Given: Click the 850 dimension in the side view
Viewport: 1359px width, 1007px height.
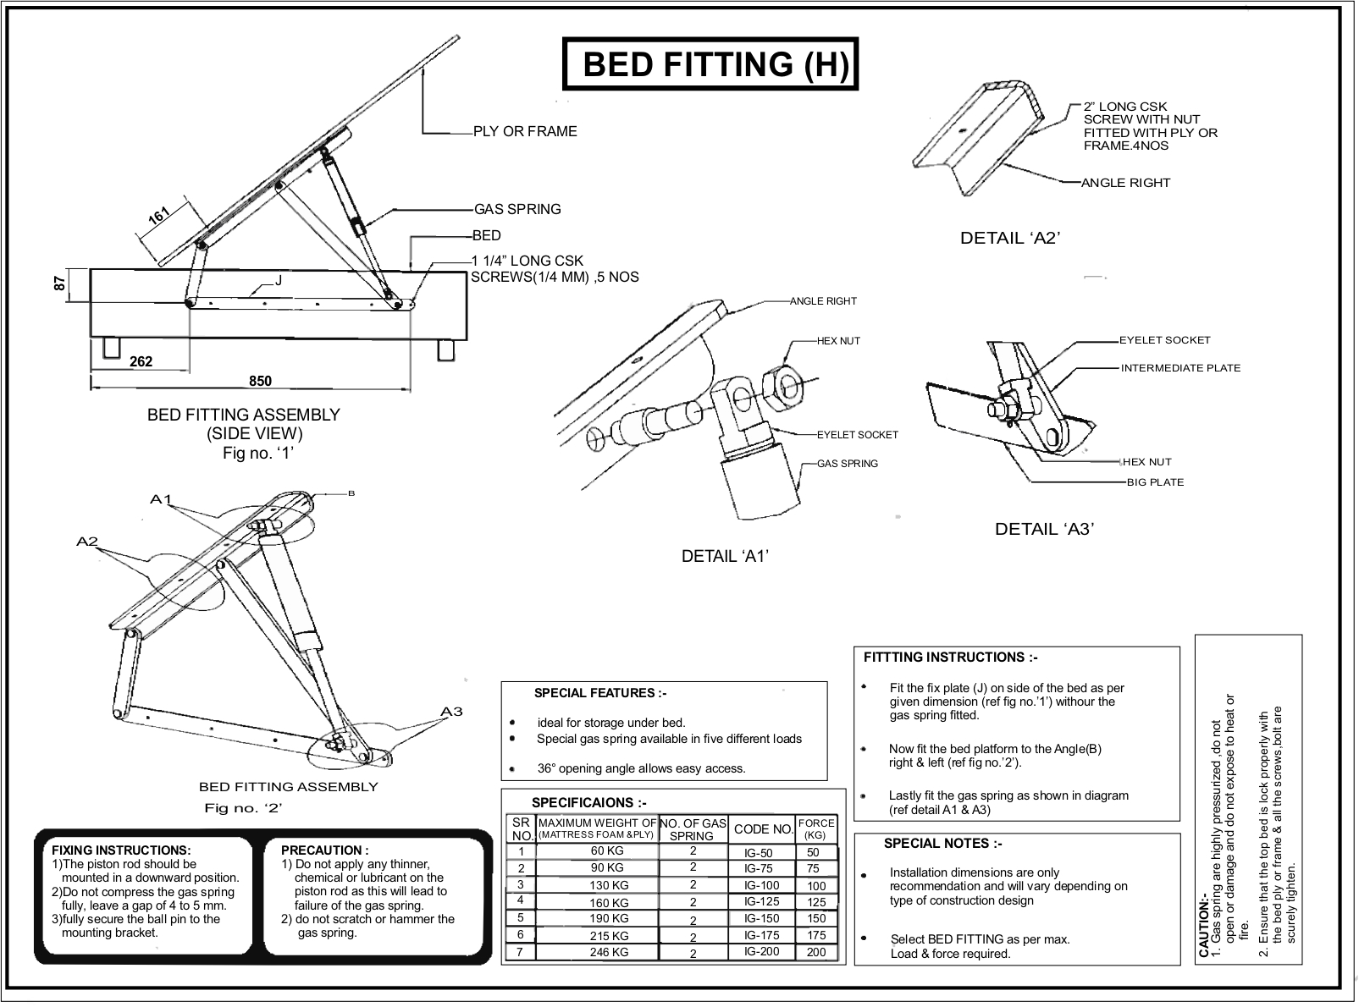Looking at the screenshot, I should [x=260, y=381].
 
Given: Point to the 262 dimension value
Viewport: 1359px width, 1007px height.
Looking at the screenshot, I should [x=141, y=361].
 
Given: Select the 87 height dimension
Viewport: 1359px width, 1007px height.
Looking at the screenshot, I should [x=60, y=284].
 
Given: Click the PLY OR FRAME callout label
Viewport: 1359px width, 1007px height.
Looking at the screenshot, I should [x=525, y=131].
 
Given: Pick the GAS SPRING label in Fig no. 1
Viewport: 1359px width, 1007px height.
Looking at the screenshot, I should [x=517, y=209].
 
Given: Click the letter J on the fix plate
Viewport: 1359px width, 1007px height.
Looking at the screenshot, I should [x=278, y=280].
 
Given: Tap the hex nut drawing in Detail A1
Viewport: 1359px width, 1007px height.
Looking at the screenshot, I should [x=783, y=386].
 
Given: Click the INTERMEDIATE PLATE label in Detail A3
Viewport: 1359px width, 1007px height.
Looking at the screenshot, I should [x=1180, y=368].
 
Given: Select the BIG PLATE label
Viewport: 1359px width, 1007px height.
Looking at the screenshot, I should [x=1155, y=482].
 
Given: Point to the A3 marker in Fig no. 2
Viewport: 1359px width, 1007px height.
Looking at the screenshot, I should [x=452, y=712].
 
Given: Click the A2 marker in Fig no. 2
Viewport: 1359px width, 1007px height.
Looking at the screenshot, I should [x=87, y=542].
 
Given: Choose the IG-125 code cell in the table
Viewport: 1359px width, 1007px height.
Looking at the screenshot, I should [x=761, y=902].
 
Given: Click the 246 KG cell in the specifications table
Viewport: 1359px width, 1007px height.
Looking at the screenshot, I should [x=609, y=952].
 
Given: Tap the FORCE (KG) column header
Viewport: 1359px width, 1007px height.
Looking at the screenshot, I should [x=816, y=828].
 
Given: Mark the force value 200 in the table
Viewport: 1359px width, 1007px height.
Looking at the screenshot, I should [x=816, y=952].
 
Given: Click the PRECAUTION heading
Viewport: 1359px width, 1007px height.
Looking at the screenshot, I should [x=324, y=850].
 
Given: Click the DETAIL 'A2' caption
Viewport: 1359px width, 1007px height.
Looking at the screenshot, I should [x=1010, y=239].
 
